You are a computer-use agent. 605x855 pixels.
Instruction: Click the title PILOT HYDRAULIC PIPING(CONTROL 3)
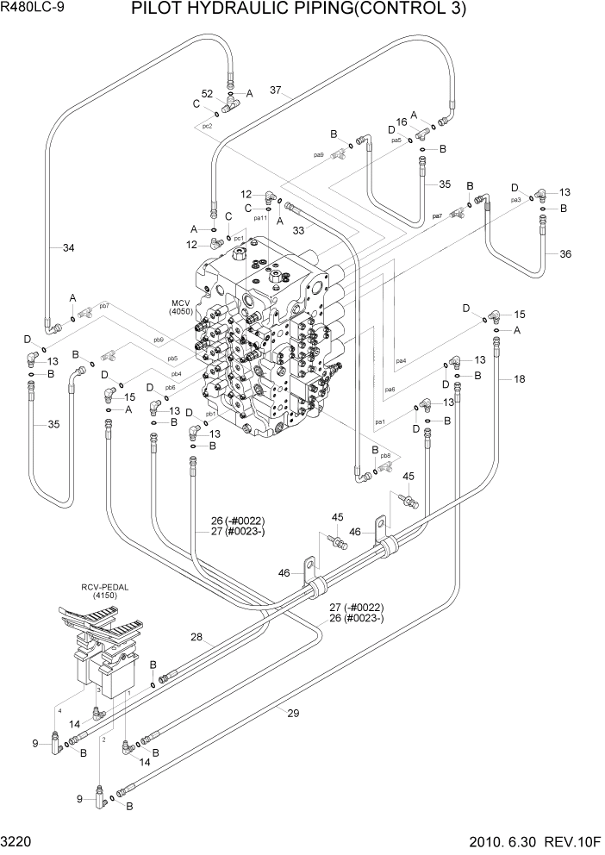pyautogui.click(x=298, y=9)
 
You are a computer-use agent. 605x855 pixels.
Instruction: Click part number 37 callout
pyautogui.click(x=276, y=90)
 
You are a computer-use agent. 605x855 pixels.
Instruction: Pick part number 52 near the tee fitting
pyautogui.click(x=207, y=93)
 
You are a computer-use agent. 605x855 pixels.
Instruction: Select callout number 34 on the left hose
pyautogui.click(x=68, y=248)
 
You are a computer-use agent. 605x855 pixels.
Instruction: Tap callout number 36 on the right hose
pyautogui.click(x=564, y=253)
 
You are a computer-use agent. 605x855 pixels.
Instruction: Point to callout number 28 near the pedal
pyautogui.click(x=196, y=637)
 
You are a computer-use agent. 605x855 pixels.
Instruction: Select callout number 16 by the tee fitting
pyautogui.click(x=401, y=122)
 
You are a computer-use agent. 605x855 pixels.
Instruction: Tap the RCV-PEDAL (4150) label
pyautogui.click(x=105, y=591)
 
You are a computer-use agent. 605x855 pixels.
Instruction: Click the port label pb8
pyautogui.click(x=385, y=455)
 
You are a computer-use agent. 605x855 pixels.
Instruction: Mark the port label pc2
pyautogui.click(x=207, y=126)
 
